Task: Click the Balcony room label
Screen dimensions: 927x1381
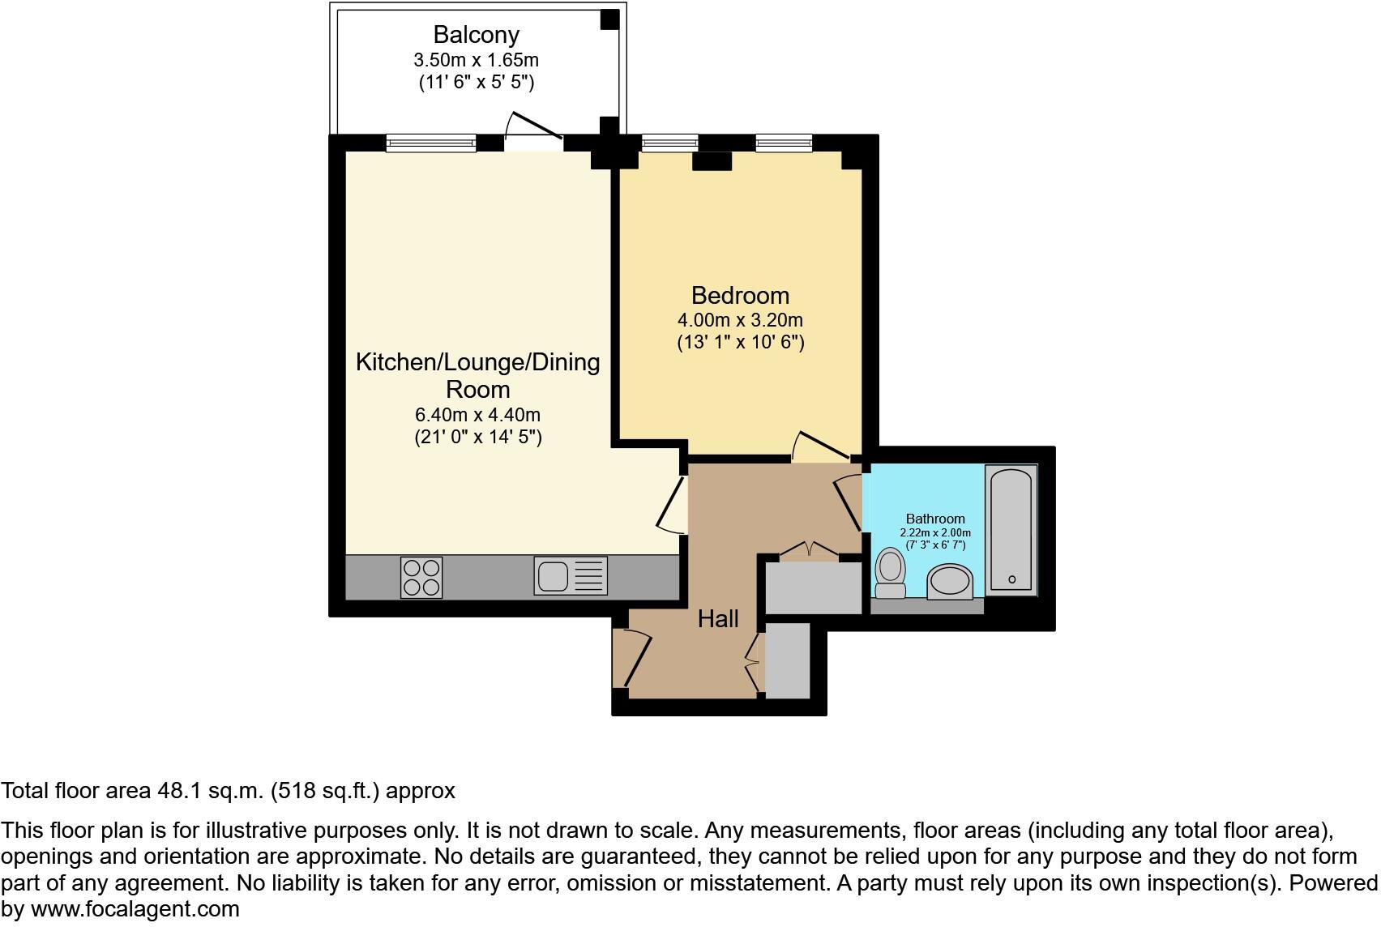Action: pos(476,35)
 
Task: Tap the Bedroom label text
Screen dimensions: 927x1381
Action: pos(740,295)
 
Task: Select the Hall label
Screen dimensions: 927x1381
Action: pos(718,619)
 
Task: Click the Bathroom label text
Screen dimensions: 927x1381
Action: pos(935,519)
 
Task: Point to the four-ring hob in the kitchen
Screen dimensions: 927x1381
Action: pos(421,577)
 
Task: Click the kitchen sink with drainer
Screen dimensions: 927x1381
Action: pos(570,576)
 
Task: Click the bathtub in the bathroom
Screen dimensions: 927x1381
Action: pos(1011,530)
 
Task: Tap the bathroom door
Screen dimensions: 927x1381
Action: pos(850,502)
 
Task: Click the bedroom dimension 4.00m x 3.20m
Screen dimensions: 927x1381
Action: pos(740,320)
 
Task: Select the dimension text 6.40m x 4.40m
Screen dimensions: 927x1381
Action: pos(477,415)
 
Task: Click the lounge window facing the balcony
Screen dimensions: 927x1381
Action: pos(430,143)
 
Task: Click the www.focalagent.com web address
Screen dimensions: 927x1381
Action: pos(135,909)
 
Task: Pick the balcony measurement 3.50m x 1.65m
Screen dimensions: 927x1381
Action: pos(476,60)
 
